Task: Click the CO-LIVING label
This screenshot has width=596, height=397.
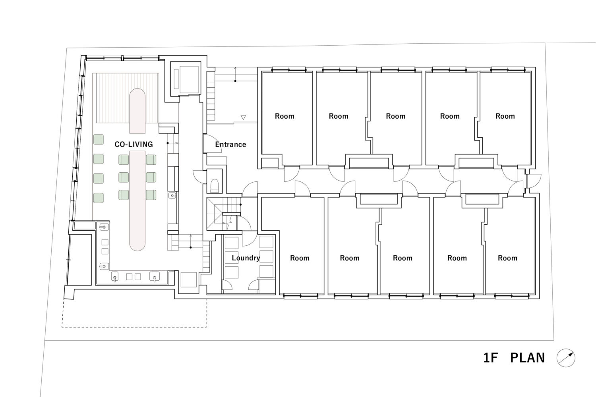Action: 134,145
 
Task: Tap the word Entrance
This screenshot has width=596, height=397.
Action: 230,145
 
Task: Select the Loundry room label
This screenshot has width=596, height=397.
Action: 246,258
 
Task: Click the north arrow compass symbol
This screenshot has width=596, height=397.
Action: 566,358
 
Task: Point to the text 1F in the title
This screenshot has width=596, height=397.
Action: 491,358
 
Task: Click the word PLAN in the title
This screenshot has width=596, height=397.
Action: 527,358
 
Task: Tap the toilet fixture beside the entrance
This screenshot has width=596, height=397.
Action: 215,185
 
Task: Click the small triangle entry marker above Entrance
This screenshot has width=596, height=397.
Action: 243,118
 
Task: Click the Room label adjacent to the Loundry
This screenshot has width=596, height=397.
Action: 300,258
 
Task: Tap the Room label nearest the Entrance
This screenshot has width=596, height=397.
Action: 284,116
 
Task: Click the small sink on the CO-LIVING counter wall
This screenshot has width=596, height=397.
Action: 172,195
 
